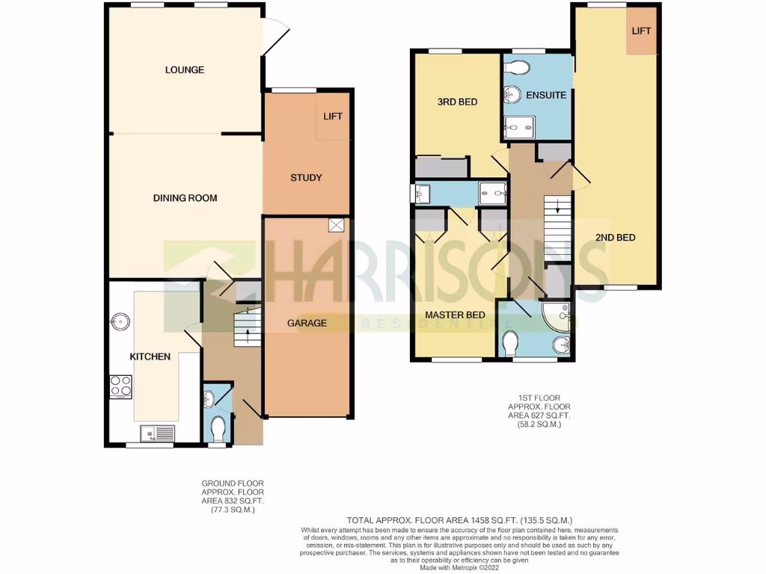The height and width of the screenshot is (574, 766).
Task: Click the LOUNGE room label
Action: pos(185,70)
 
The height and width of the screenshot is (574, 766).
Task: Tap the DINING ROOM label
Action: pos(185,198)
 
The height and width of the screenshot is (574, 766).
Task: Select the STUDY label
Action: pos(306,178)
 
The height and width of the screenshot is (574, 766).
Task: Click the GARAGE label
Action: pos(307,324)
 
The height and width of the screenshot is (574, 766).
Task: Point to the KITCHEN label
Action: pos(150,357)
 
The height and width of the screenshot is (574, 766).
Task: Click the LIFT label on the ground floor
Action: pos(333,117)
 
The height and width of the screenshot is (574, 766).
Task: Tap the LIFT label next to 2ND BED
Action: pos(641,31)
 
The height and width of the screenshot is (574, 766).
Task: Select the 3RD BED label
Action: pos(456,102)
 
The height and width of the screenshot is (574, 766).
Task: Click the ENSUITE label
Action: pos(545,96)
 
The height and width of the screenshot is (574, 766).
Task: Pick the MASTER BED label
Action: pos(455,315)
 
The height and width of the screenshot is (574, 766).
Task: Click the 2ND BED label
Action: pos(615,238)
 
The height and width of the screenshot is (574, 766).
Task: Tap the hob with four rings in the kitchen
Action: pos(121,387)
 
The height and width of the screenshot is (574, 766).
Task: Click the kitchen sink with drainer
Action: pos(156,432)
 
